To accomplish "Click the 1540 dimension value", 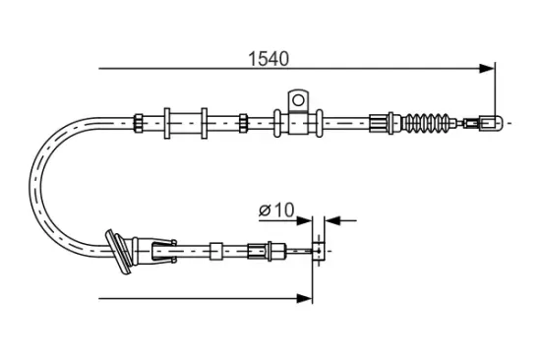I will [x=268, y=58].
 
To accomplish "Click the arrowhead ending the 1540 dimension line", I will [x=487, y=68].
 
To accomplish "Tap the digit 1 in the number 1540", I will [x=251, y=58].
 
